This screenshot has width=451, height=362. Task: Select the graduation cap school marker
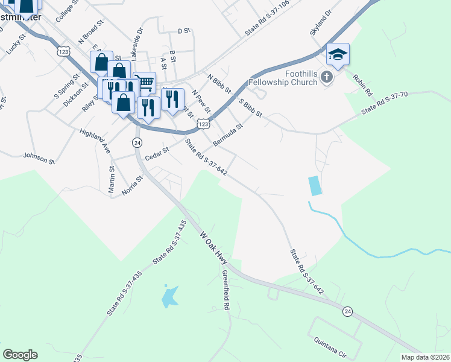[x=338, y=55]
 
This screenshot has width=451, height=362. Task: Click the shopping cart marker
[x=145, y=81]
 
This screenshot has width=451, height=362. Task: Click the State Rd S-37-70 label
[x=385, y=103]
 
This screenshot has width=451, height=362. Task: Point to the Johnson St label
[x=39, y=158]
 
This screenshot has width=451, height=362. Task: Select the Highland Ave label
[x=95, y=139]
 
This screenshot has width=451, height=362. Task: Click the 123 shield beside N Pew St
[x=204, y=124]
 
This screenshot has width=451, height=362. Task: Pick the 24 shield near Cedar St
[x=137, y=142]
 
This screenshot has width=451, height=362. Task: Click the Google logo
[x=20, y=355]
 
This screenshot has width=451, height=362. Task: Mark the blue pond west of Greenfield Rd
[x=169, y=295]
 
